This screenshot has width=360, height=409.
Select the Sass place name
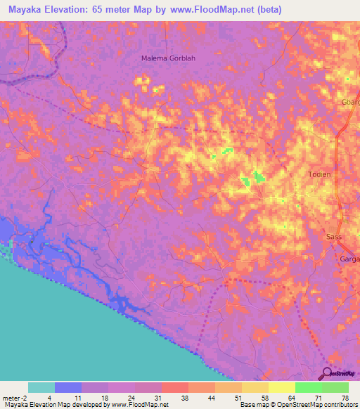coord(334,237)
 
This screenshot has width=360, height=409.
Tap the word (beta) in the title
coord(267,9)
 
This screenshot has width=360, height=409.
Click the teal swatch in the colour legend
coord(41,387)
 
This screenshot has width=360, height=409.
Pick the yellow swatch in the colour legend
coord(281,387)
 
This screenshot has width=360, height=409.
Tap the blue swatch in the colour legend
coord(68,387)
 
